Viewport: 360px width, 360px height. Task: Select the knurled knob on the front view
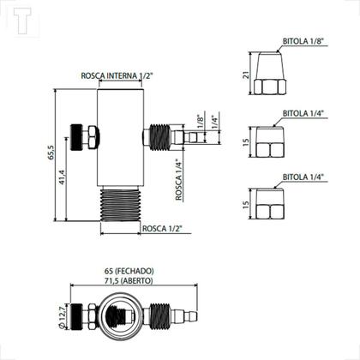pyautogui.click(x=85, y=135)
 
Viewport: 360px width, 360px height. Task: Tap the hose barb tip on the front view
pyautogui.click(x=194, y=136)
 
